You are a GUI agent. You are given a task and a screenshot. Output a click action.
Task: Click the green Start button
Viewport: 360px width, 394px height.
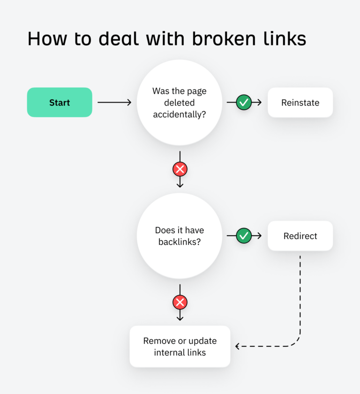(x=60, y=102)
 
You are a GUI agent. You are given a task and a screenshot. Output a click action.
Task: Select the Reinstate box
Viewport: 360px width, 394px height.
(x=300, y=102)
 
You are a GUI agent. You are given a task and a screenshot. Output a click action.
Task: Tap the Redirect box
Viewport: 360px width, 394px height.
(x=300, y=236)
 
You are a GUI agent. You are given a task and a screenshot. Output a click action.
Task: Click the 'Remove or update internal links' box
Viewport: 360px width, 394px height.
(x=180, y=346)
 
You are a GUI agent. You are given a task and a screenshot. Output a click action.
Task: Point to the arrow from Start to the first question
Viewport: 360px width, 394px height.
(x=114, y=102)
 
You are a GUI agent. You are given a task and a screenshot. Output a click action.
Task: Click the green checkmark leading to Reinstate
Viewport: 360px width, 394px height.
(x=243, y=102)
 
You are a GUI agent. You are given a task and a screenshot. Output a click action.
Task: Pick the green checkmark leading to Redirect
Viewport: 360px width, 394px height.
(x=243, y=236)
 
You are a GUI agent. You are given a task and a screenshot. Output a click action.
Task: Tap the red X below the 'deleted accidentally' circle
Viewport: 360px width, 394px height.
(x=180, y=169)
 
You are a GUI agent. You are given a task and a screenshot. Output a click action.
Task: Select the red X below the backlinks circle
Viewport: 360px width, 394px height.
(x=180, y=302)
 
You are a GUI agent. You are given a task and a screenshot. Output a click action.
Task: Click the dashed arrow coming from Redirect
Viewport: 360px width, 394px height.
(x=300, y=300)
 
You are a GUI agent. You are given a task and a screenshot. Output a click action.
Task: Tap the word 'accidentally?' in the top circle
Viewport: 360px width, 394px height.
(x=180, y=113)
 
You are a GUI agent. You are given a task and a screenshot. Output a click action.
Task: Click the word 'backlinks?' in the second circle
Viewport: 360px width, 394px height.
(x=180, y=242)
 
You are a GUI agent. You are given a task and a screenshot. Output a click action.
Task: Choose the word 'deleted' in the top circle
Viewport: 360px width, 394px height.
(x=180, y=102)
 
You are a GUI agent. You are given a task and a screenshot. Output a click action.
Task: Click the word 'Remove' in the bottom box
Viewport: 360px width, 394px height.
(x=159, y=341)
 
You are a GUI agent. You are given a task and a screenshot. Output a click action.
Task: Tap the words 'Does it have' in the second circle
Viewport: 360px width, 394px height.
(x=180, y=230)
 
